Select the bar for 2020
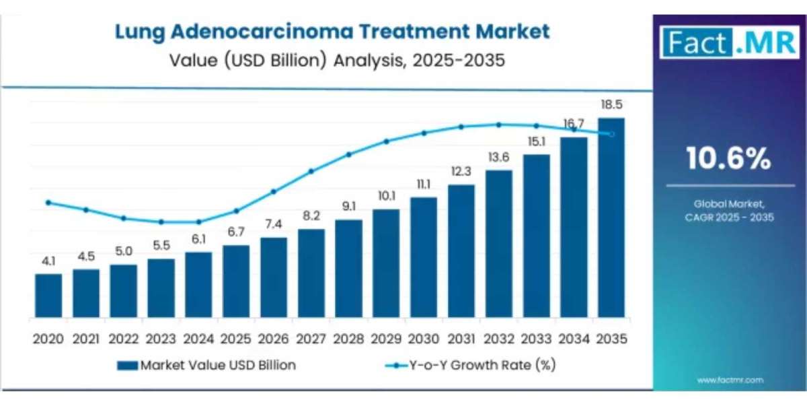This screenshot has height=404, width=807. [x=48, y=296]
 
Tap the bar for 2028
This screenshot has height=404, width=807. [x=348, y=269]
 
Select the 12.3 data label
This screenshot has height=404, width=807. [x=461, y=172]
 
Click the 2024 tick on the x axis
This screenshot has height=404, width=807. [x=198, y=339]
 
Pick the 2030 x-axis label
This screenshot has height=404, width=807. [x=423, y=339]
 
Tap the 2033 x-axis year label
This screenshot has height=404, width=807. [x=536, y=339]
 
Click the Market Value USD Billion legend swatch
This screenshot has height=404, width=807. [x=127, y=366]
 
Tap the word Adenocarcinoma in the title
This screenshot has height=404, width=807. [x=283, y=31]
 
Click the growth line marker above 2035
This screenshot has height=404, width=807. [x=611, y=134]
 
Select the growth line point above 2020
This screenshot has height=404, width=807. [x=48, y=202]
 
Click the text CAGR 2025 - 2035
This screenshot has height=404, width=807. [x=730, y=217]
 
